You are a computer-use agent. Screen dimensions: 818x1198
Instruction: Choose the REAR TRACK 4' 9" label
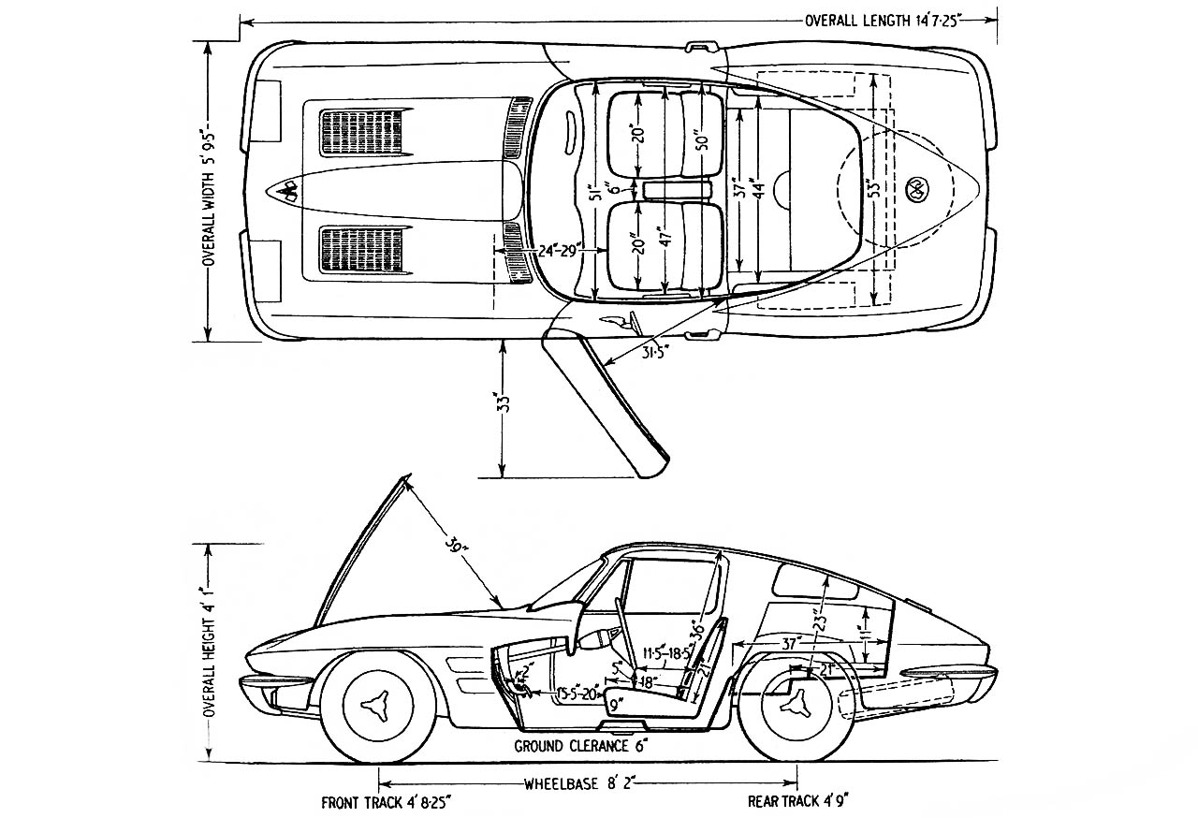point(798,802)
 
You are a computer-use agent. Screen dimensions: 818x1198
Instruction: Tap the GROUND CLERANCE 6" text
point(580,746)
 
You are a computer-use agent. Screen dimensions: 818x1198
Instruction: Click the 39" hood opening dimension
point(456,545)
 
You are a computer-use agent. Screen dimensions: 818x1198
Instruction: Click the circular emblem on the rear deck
point(915,187)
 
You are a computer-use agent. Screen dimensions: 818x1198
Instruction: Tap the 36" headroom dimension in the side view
point(696,624)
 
